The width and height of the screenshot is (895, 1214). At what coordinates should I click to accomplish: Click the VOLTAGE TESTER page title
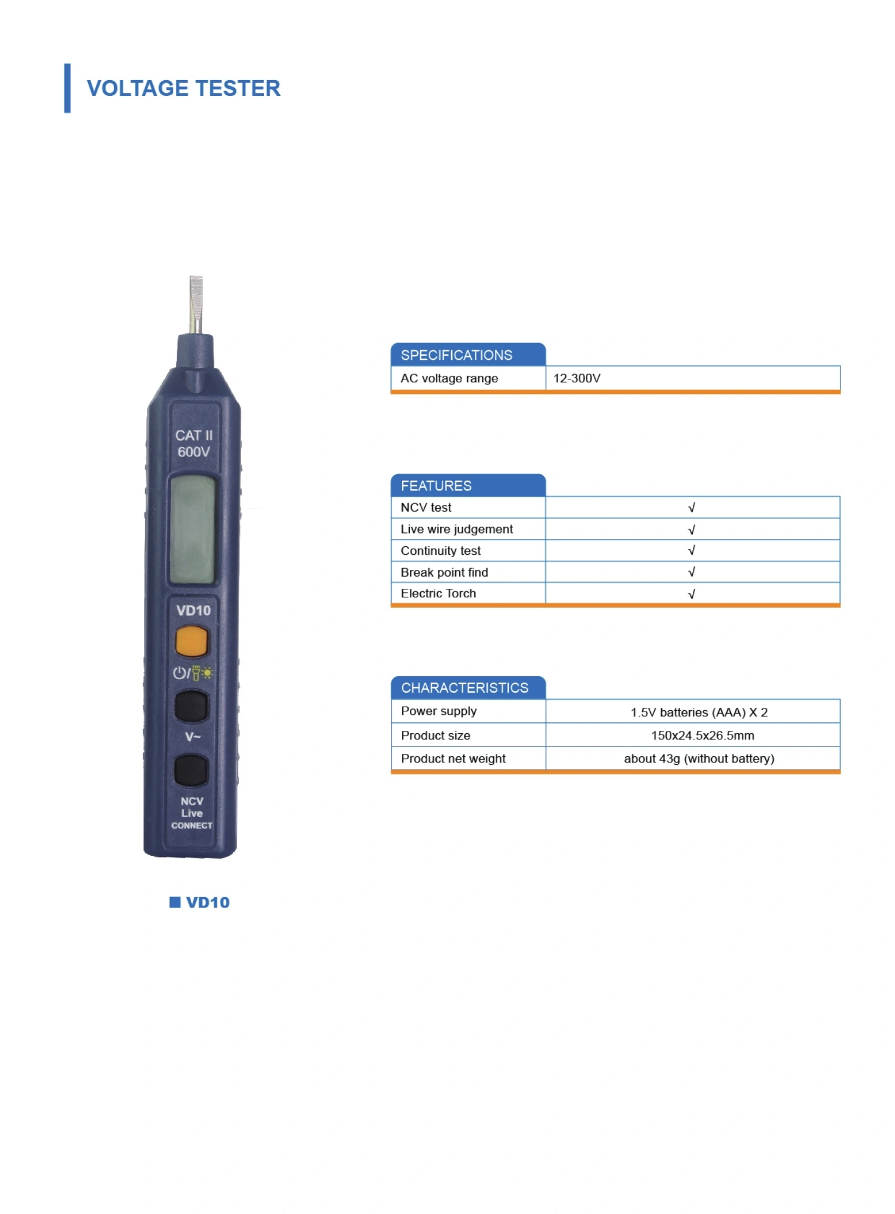(183, 88)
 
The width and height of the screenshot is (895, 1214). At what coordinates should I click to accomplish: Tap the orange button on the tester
(191, 642)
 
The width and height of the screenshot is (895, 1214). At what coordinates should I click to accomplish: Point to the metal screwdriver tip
(196, 304)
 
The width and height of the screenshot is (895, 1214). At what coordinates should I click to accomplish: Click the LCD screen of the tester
(192, 529)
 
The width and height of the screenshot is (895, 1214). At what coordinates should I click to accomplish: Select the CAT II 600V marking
(194, 444)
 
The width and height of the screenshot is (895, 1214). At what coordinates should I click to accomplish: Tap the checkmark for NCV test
(691, 507)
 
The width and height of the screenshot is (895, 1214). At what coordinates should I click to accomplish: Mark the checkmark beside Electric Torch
(691, 594)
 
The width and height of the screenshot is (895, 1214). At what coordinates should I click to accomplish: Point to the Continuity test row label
(440, 551)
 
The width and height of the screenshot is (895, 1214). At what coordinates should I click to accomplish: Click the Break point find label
(444, 572)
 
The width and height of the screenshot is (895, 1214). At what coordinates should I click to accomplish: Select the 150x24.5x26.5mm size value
(703, 735)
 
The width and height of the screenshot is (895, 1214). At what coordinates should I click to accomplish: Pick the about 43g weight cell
(699, 758)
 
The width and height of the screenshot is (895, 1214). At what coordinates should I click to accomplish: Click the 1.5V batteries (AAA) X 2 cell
(699, 712)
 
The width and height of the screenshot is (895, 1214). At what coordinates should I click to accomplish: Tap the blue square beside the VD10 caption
(175, 902)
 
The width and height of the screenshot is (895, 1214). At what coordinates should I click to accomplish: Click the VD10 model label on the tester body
(193, 610)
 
